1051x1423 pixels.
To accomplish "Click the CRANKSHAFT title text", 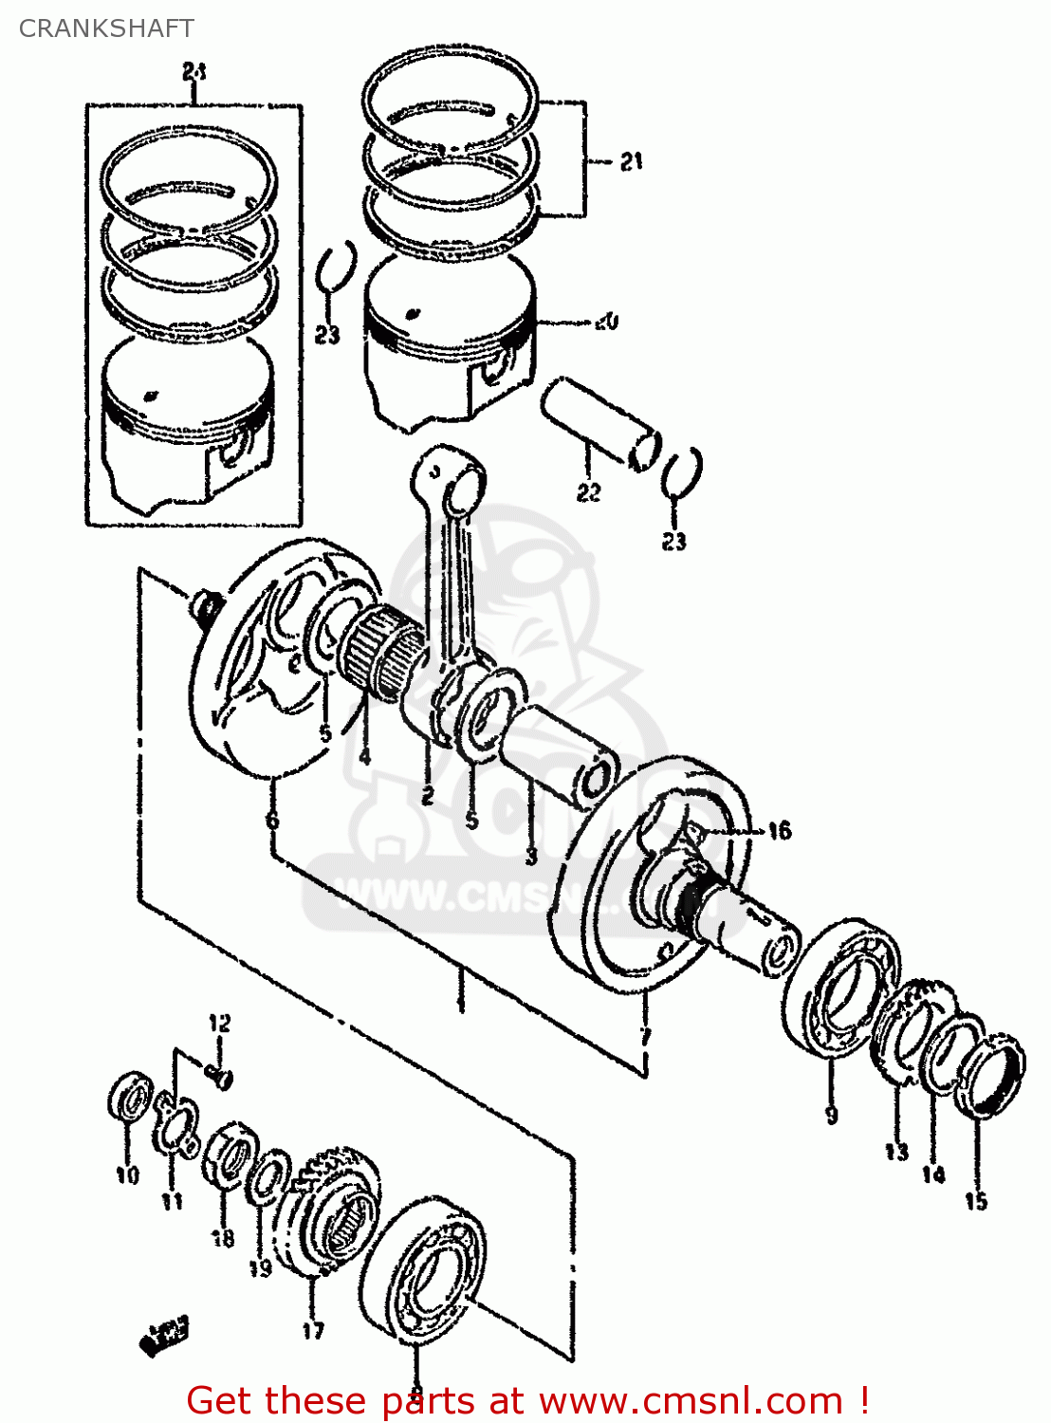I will (106, 28).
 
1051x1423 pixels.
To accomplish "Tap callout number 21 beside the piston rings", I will (632, 162).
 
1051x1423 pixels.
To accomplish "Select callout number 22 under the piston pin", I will (588, 492).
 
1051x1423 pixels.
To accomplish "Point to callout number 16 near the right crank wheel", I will (779, 831).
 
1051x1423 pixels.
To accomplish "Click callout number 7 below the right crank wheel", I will (645, 1035).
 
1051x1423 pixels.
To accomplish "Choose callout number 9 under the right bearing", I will (831, 1115).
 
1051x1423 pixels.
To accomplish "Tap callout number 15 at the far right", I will (976, 1201).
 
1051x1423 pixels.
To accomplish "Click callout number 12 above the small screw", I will (219, 1023).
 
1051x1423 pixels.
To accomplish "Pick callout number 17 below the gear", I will (313, 1330).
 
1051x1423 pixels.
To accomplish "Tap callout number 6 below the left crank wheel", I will (273, 819).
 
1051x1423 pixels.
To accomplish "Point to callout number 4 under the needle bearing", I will (363, 757).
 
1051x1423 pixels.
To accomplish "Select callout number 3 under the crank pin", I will (531, 856).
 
